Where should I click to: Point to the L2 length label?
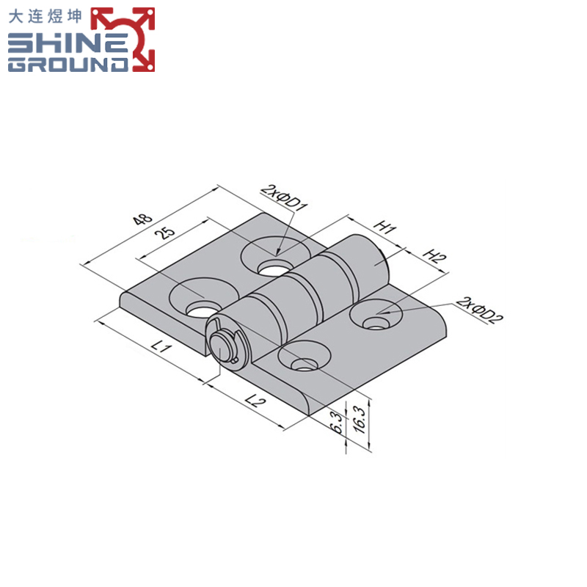coord(255,401)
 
